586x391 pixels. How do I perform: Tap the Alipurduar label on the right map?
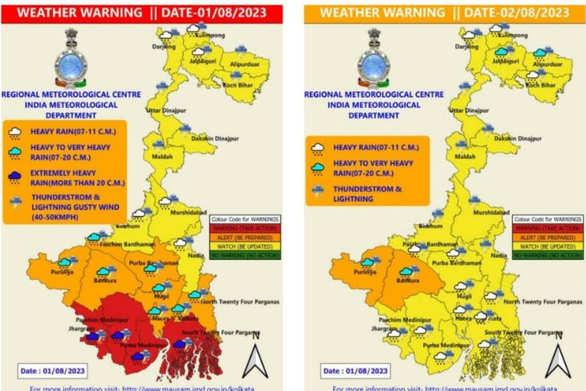point(547,64)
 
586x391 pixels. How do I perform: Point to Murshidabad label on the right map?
point(491,213)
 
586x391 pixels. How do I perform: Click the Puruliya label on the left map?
point(62,272)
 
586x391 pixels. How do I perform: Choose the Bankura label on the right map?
point(408,281)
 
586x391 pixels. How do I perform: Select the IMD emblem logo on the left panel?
point(71,59)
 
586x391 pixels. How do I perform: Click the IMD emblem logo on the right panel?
point(374,59)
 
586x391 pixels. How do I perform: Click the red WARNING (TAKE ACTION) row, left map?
point(245,228)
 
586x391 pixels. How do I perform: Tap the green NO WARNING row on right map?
point(547,255)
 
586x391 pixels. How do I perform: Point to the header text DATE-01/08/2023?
point(213,13)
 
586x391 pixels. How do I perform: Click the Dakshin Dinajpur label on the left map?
point(215,139)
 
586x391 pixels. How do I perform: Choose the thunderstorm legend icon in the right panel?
point(318,192)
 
